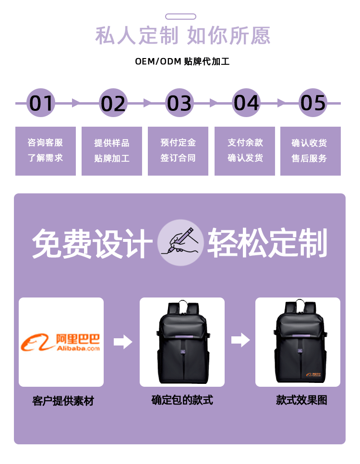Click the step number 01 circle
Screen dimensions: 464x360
(x=41, y=103)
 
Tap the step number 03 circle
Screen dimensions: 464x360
(x=180, y=103)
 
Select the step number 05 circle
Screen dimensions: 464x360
(x=313, y=103)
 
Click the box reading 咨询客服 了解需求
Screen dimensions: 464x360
(x=46, y=151)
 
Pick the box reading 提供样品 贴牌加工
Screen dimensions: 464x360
(x=112, y=151)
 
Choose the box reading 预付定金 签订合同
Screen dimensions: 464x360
(x=178, y=151)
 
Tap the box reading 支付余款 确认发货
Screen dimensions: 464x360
(x=245, y=151)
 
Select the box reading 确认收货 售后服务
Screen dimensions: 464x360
(x=310, y=151)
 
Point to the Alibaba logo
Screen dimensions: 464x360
(x=61, y=342)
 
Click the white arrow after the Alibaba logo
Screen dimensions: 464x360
(x=123, y=342)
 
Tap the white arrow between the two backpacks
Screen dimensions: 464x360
(x=240, y=340)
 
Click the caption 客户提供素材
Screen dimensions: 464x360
(x=63, y=401)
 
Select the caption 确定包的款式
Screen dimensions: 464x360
(x=182, y=400)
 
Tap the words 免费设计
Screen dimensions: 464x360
(x=92, y=244)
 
